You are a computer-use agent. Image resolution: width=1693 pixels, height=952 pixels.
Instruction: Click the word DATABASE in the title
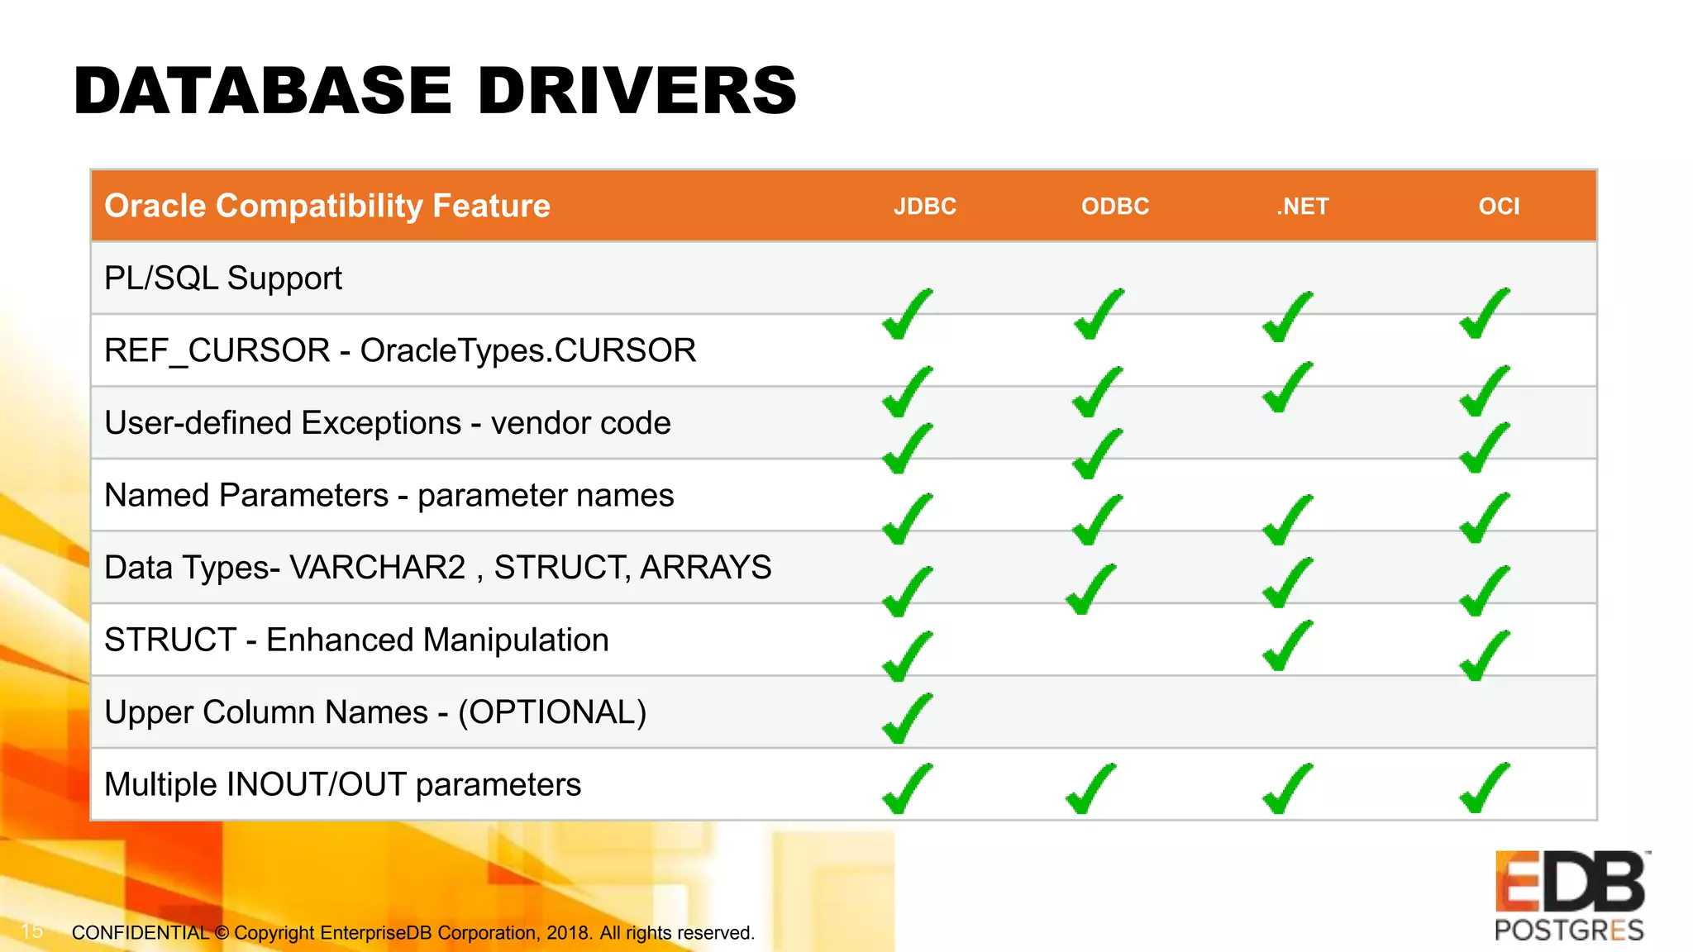263,91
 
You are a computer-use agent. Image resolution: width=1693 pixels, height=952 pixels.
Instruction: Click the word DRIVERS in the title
637,91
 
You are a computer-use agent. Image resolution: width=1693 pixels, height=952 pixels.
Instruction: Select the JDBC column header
924,206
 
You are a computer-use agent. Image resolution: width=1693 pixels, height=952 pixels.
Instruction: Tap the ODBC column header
1115,206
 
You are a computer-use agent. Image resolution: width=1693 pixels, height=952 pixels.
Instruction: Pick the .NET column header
1302,206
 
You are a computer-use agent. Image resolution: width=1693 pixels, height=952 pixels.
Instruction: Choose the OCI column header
1499,206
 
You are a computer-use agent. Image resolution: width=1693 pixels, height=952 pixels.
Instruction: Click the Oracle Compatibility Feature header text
327,206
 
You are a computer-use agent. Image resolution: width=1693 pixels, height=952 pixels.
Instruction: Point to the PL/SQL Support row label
223,278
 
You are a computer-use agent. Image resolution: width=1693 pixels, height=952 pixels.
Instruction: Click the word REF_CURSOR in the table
217,351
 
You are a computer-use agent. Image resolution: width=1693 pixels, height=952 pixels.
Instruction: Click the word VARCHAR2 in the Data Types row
378,568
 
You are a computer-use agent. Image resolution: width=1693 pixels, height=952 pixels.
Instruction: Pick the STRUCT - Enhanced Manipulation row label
356,640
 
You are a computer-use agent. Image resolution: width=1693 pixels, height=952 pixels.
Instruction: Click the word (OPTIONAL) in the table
552,712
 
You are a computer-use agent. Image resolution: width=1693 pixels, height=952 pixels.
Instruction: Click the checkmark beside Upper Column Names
908,719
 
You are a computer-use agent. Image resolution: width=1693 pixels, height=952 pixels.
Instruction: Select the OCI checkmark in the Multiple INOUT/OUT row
1485,789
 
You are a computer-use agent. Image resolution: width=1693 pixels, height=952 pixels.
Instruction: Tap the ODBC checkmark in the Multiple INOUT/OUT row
1091,789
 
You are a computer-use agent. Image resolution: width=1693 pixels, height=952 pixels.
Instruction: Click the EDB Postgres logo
1570,896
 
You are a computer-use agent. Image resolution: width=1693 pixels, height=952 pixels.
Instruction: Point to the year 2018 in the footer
567,933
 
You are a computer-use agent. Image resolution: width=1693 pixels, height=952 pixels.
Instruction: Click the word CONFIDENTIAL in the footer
141,933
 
